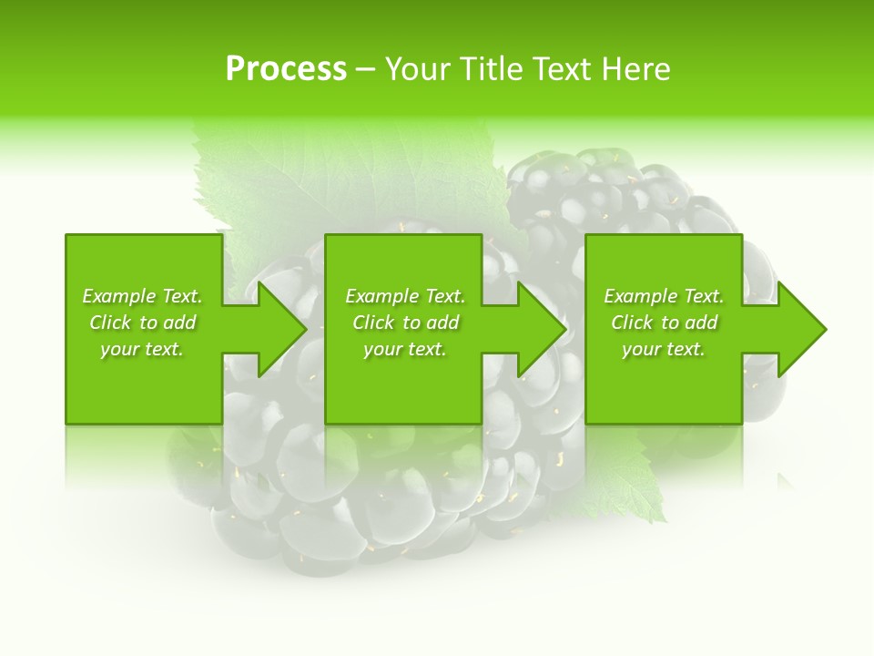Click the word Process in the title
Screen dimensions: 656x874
(x=286, y=69)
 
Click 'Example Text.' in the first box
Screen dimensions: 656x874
(x=142, y=296)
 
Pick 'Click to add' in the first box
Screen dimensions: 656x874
(x=142, y=323)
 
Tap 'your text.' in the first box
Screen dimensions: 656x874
(x=142, y=349)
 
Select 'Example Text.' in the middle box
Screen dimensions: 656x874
(x=405, y=296)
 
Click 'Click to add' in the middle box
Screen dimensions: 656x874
(x=405, y=323)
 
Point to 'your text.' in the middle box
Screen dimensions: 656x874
(x=405, y=349)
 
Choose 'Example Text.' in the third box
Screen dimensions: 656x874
(x=664, y=296)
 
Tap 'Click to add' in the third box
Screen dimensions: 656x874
(x=664, y=323)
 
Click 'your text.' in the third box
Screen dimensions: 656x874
(x=664, y=349)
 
